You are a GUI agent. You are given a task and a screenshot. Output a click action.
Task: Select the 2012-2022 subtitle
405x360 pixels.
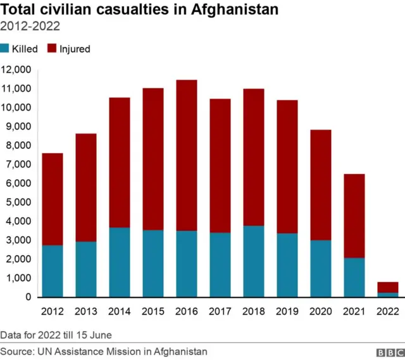pos(30,27)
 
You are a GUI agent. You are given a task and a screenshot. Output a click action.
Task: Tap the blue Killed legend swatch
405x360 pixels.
pos(5,49)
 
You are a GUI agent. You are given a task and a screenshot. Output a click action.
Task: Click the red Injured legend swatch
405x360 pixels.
pos(53,49)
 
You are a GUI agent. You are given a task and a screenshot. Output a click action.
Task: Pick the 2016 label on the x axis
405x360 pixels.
pos(186,311)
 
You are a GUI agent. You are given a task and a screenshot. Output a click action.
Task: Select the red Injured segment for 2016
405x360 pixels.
pos(186,155)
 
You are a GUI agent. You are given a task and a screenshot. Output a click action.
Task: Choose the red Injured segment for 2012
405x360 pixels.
pos(53,199)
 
